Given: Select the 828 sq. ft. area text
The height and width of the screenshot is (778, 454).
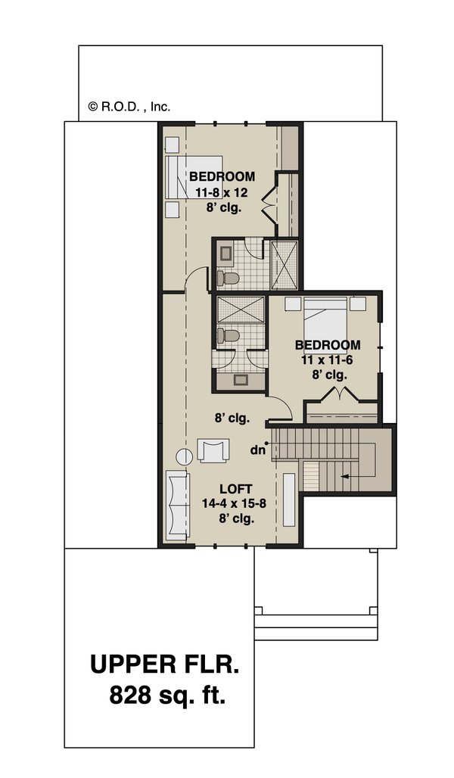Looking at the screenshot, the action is (168, 695).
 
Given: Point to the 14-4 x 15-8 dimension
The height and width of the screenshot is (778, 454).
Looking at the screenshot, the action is (235, 503).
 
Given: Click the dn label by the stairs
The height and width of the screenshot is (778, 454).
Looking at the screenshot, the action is (257, 450).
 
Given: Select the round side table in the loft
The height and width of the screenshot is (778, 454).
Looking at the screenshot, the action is (184, 456).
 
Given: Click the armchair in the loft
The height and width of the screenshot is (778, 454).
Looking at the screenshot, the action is (213, 450).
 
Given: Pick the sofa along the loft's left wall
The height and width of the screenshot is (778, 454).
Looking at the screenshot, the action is (176, 505).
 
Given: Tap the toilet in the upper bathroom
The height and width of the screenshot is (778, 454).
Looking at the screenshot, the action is (228, 278).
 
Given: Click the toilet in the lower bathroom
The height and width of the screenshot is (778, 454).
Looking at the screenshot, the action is (228, 336).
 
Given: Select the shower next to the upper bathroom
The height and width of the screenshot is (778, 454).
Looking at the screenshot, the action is (284, 264).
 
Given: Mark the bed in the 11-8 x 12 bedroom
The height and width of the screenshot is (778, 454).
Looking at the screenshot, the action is (194, 177).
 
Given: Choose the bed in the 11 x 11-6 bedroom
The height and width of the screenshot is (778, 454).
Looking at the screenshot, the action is (325, 323).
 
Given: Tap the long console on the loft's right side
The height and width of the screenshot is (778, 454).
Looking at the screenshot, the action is (289, 499).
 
